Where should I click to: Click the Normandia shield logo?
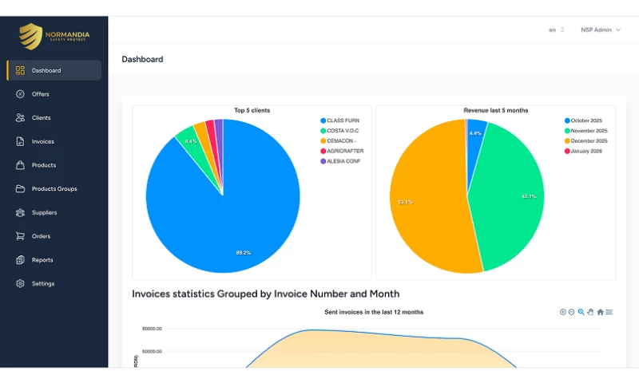pyautogui.click(x=31, y=36)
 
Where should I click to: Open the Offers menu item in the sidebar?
pyautogui.click(x=40, y=94)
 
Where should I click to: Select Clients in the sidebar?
pyautogui.click(x=41, y=118)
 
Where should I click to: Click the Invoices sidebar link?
pyautogui.click(x=42, y=141)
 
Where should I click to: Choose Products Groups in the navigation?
pyautogui.click(x=54, y=189)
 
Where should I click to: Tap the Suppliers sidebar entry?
pyautogui.click(x=44, y=212)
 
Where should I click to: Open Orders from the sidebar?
pyautogui.click(x=41, y=236)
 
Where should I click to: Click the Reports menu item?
pyautogui.click(x=42, y=260)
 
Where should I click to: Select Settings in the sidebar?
pyautogui.click(x=43, y=283)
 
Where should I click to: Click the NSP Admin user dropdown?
pyautogui.click(x=600, y=30)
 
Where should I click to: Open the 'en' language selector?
pyautogui.click(x=556, y=30)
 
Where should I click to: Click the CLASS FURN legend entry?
pyautogui.click(x=343, y=120)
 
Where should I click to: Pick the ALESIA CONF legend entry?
pyautogui.click(x=343, y=161)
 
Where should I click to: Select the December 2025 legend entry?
pyautogui.click(x=588, y=140)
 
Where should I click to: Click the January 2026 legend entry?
pyautogui.click(x=586, y=151)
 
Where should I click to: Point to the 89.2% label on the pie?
pyautogui.click(x=243, y=253)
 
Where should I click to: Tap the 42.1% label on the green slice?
pyautogui.click(x=528, y=196)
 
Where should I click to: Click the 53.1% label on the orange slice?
pyautogui.click(x=405, y=202)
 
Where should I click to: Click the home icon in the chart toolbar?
pyautogui.click(x=600, y=312)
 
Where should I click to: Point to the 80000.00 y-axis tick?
pyautogui.click(x=152, y=329)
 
